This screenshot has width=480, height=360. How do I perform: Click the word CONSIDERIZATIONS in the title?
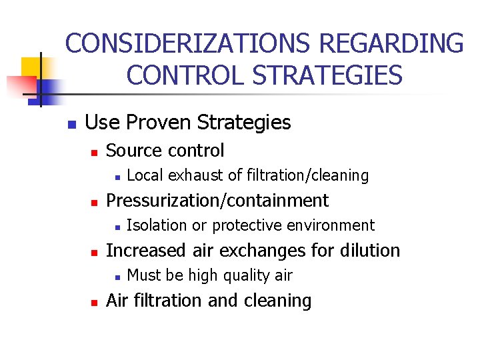point(187,44)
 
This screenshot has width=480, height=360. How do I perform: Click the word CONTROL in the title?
point(175,75)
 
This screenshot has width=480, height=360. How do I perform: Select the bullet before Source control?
point(95,152)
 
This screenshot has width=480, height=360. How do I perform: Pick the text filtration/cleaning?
point(307,175)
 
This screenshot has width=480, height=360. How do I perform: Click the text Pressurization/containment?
point(217,200)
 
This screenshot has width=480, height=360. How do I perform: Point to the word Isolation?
point(157,225)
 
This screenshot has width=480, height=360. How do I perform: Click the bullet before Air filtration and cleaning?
point(95,302)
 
